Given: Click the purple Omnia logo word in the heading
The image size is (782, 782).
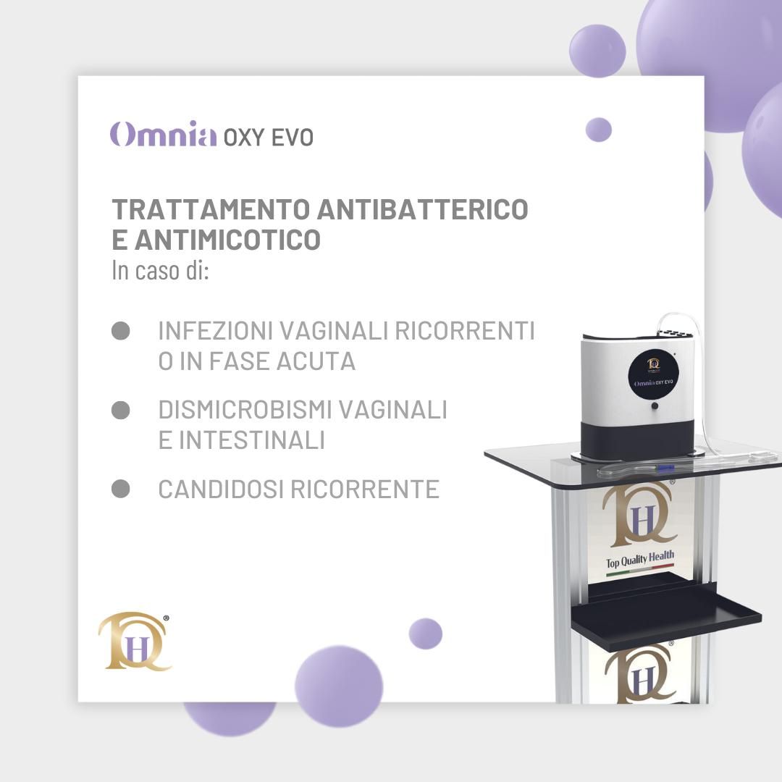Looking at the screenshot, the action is [163, 134].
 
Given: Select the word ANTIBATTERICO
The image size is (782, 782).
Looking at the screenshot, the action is [423, 209].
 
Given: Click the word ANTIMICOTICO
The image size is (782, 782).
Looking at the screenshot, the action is [227, 240].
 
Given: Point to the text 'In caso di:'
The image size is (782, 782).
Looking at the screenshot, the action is [160, 271].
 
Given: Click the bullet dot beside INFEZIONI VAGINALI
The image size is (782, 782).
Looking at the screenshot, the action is [121, 331].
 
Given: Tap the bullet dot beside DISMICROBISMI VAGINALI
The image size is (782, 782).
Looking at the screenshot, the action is [121, 410].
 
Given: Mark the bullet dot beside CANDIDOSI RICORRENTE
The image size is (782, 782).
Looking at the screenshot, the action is [121, 489].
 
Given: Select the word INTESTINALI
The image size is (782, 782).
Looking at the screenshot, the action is [252, 440].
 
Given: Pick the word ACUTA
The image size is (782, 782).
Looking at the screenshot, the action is [316, 361].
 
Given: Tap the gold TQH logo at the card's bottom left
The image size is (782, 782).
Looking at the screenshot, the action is [135, 642].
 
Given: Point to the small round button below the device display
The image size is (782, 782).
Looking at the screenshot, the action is [655, 406].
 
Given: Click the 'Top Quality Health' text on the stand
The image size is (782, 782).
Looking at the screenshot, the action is [640, 560].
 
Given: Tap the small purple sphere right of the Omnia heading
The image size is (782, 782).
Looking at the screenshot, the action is [599, 130].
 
